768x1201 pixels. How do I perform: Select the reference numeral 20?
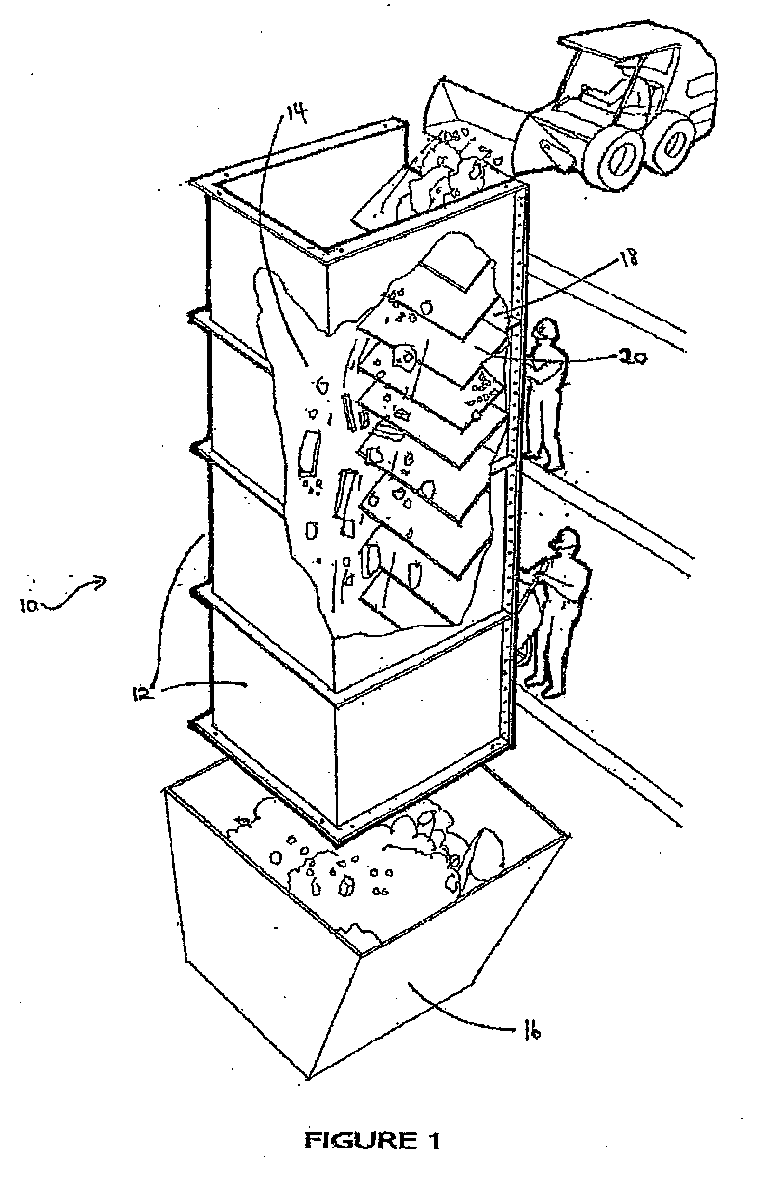(632, 357)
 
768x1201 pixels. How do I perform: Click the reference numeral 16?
(533, 1033)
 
